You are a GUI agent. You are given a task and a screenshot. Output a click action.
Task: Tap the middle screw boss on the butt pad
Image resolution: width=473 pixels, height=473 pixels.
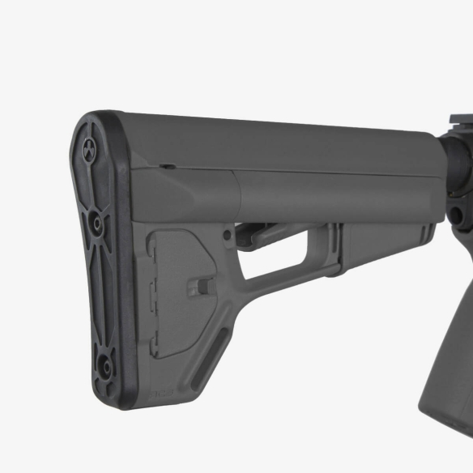coord(96,220)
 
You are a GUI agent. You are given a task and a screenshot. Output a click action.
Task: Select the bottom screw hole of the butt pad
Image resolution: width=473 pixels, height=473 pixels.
coord(103,363)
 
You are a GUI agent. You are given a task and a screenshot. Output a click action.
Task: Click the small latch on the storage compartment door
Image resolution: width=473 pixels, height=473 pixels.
coord(205,286)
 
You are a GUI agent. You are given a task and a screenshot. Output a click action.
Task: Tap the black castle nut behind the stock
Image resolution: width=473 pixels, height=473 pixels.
coord(454,174)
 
